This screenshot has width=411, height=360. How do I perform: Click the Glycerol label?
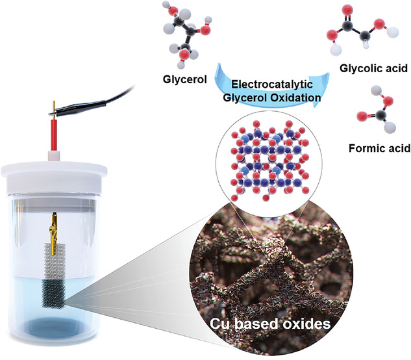point(185,79)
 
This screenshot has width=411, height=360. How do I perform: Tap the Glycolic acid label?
point(373,68)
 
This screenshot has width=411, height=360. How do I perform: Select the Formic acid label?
point(379,148)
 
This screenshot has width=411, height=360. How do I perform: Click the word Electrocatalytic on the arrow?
point(272,84)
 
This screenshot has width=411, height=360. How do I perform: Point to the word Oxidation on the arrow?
point(295,97)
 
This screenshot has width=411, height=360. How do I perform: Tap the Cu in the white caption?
point(219,324)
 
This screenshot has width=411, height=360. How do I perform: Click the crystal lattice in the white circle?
point(270,161)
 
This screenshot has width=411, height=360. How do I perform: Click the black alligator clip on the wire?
point(79,107)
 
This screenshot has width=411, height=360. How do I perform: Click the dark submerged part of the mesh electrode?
point(53,294)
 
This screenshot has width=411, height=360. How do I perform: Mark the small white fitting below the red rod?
point(54,155)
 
